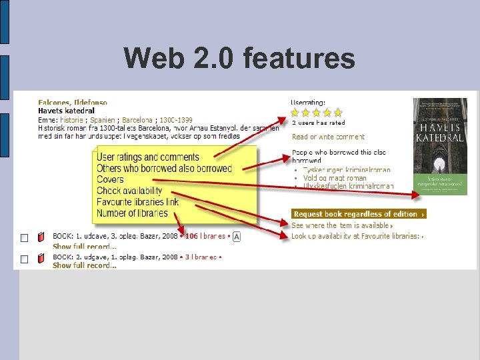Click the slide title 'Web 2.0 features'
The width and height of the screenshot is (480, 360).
pyautogui.click(x=239, y=59)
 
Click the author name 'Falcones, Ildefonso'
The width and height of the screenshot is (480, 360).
pyautogui.click(x=73, y=103)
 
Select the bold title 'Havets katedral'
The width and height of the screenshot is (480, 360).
pyautogui.click(x=67, y=111)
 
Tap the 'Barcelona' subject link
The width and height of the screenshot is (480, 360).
pyautogui.click(x=138, y=119)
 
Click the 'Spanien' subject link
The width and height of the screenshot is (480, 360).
pyautogui.click(x=103, y=119)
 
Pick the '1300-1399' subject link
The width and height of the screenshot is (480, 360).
pyautogui.click(x=176, y=119)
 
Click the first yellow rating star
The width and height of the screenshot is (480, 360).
pyautogui.click(x=296, y=113)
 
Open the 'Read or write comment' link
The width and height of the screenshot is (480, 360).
pyautogui.click(x=328, y=137)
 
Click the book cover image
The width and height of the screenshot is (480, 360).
pyautogui.click(x=440, y=147)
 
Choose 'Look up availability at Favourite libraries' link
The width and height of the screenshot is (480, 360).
pyautogui.click(x=356, y=236)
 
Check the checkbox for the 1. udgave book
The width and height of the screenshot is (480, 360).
pyautogui.click(x=23, y=238)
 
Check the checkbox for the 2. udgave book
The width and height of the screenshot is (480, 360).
pyautogui.click(x=23, y=259)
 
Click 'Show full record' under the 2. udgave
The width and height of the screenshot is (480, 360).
pyautogui.click(x=84, y=265)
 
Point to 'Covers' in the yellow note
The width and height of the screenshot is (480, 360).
pyautogui.click(x=110, y=179)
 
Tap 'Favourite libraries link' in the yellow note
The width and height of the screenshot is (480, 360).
pyautogui.click(x=137, y=202)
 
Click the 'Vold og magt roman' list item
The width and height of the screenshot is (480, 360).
pyautogui.click(x=335, y=178)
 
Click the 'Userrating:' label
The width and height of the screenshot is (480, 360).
pyautogui.click(x=308, y=102)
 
